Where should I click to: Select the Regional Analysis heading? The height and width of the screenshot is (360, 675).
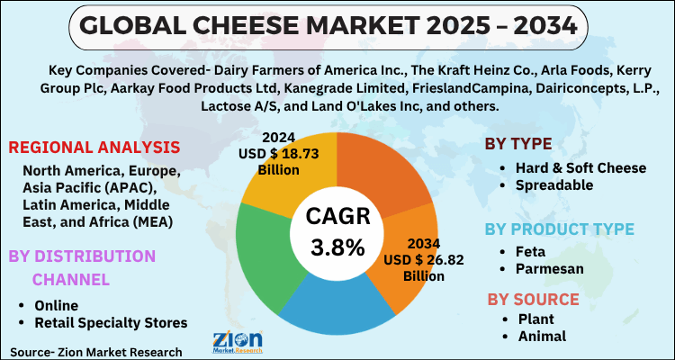(94, 147)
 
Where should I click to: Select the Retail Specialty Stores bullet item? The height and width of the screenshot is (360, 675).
(110, 322)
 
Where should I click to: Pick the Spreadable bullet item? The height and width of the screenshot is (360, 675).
(554, 184)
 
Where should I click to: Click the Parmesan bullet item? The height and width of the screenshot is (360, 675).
(546, 269)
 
